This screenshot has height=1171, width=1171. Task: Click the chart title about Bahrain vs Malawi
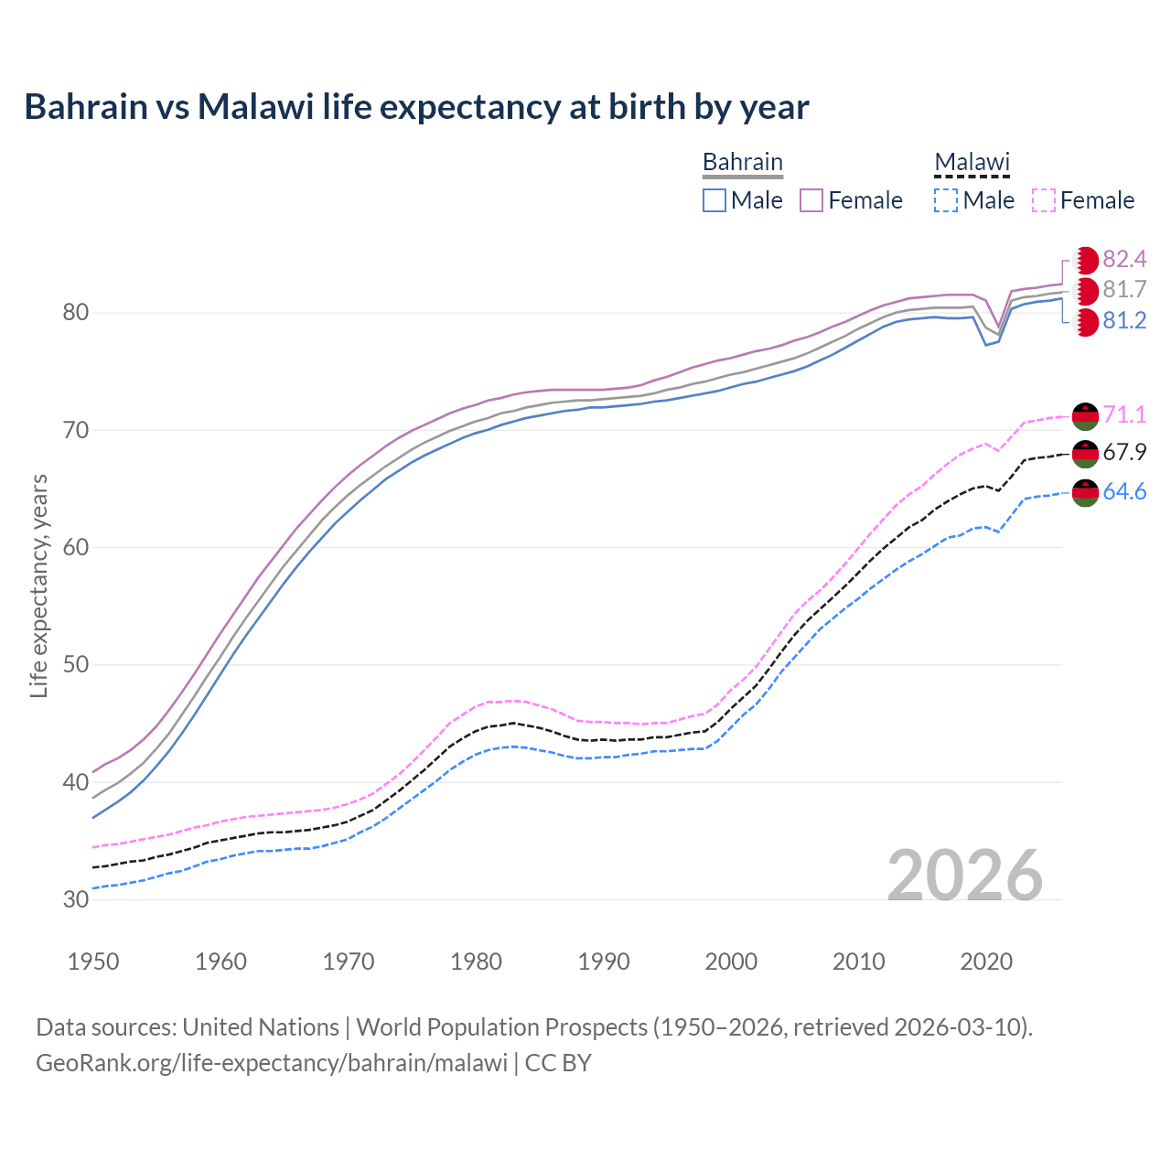pyautogui.click(x=416, y=107)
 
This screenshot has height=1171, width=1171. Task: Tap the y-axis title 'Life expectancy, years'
pyautogui.click(x=38, y=586)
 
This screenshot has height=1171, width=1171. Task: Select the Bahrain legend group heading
pyautogui.click(x=742, y=162)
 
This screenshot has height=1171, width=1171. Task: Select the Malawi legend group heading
pyautogui.click(x=972, y=162)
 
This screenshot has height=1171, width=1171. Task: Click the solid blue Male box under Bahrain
pyautogui.click(x=714, y=200)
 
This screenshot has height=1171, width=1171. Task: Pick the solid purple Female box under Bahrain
pyautogui.click(x=811, y=200)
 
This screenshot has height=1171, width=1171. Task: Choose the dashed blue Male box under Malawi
pyautogui.click(x=946, y=200)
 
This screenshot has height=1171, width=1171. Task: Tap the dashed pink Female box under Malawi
pyautogui.click(x=1044, y=200)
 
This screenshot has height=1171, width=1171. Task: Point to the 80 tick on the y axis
pyautogui.click(x=76, y=313)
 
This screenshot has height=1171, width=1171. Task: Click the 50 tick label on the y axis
pyautogui.click(x=76, y=665)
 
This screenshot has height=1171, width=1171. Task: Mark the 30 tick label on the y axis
pyautogui.click(x=76, y=900)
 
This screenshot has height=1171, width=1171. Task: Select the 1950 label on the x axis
pyautogui.click(x=93, y=962)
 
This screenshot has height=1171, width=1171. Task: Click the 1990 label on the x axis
pyautogui.click(x=604, y=962)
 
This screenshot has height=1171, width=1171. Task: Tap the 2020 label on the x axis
pyautogui.click(x=986, y=962)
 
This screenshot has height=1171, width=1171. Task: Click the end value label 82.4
pyautogui.click(x=1124, y=259)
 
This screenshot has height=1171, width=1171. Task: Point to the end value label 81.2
pyautogui.click(x=1124, y=321)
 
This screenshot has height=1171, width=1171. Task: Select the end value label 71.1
pyautogui.click(x=1124, y=414)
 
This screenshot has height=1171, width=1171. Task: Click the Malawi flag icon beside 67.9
pyautogui.click(x=1085, y=454)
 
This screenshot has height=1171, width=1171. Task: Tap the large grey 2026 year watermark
pyautogui.click(x=965, y=876)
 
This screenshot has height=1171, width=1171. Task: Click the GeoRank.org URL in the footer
pyautogui.click(x=272, y=1063)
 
